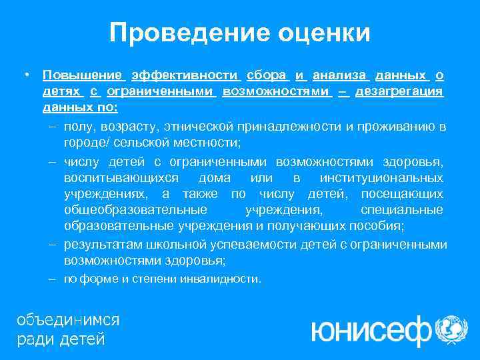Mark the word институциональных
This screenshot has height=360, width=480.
(x=381, y=178)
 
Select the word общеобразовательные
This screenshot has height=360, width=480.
(x=128, y=210)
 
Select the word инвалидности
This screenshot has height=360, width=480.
(x=227, y=279)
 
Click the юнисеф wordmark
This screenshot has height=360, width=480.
(x=370, y=329)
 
